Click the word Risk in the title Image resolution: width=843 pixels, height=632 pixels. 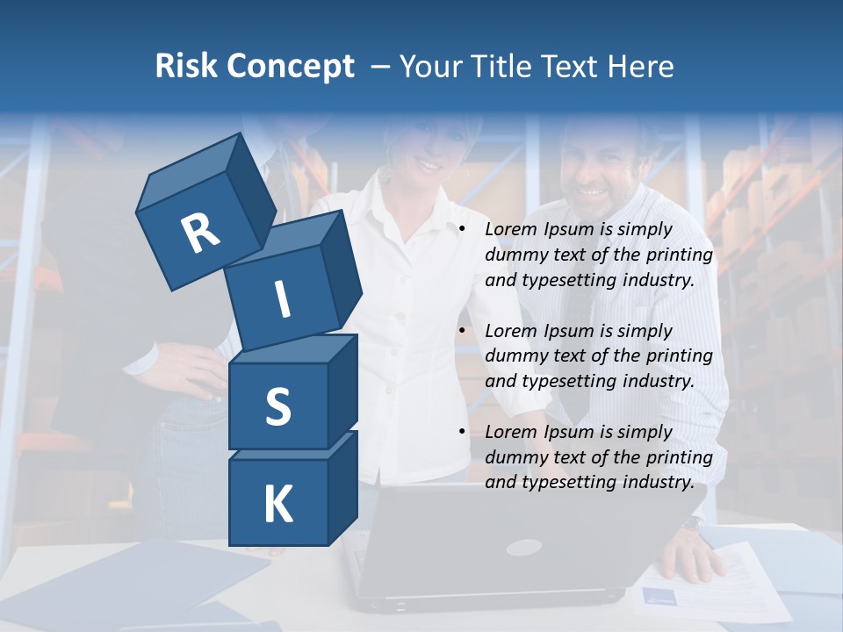(187, 67)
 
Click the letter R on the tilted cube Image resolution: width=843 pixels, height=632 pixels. (200, 233)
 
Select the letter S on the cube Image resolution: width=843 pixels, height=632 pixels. (277, 407)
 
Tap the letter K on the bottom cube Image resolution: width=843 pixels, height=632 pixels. (277, 505)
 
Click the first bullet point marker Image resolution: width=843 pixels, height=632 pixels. (462, 230)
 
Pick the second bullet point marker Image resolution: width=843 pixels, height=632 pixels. (462, 331)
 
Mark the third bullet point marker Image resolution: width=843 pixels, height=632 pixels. (462, 432)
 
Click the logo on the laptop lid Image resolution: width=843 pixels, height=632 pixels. (523, 547)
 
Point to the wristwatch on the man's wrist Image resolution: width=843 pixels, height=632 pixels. (692, 523)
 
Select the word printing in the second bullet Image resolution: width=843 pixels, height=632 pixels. (680, 356)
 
